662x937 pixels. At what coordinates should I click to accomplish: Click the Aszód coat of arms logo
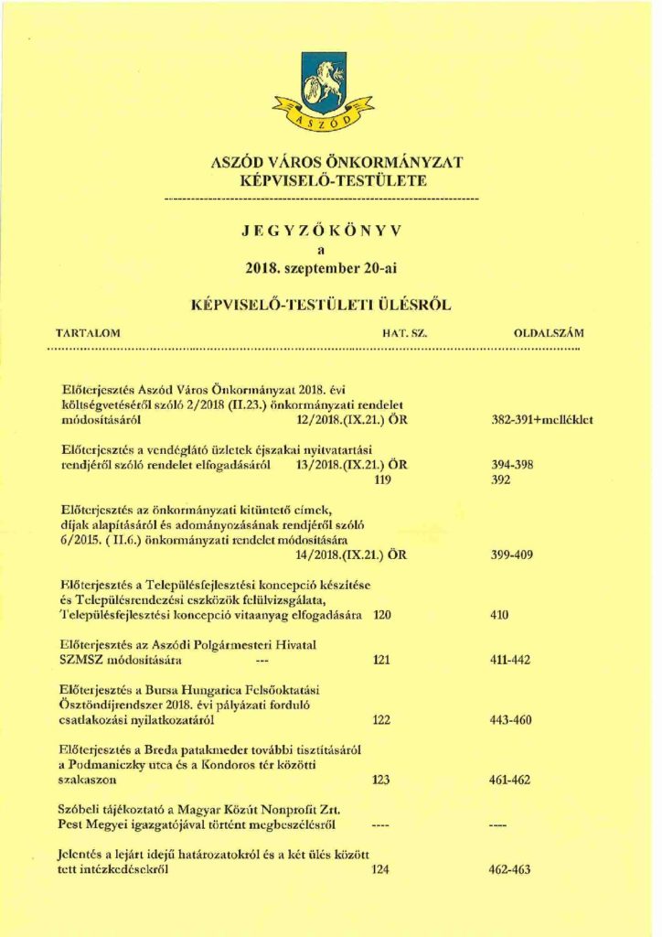coord(322,92)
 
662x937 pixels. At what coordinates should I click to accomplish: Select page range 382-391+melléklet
coord(542,421)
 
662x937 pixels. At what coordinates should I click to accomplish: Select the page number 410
coord(499,614)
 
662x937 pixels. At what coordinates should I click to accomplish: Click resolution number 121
coord(382,659)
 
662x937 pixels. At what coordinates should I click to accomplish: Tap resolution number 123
coord(382,780)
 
